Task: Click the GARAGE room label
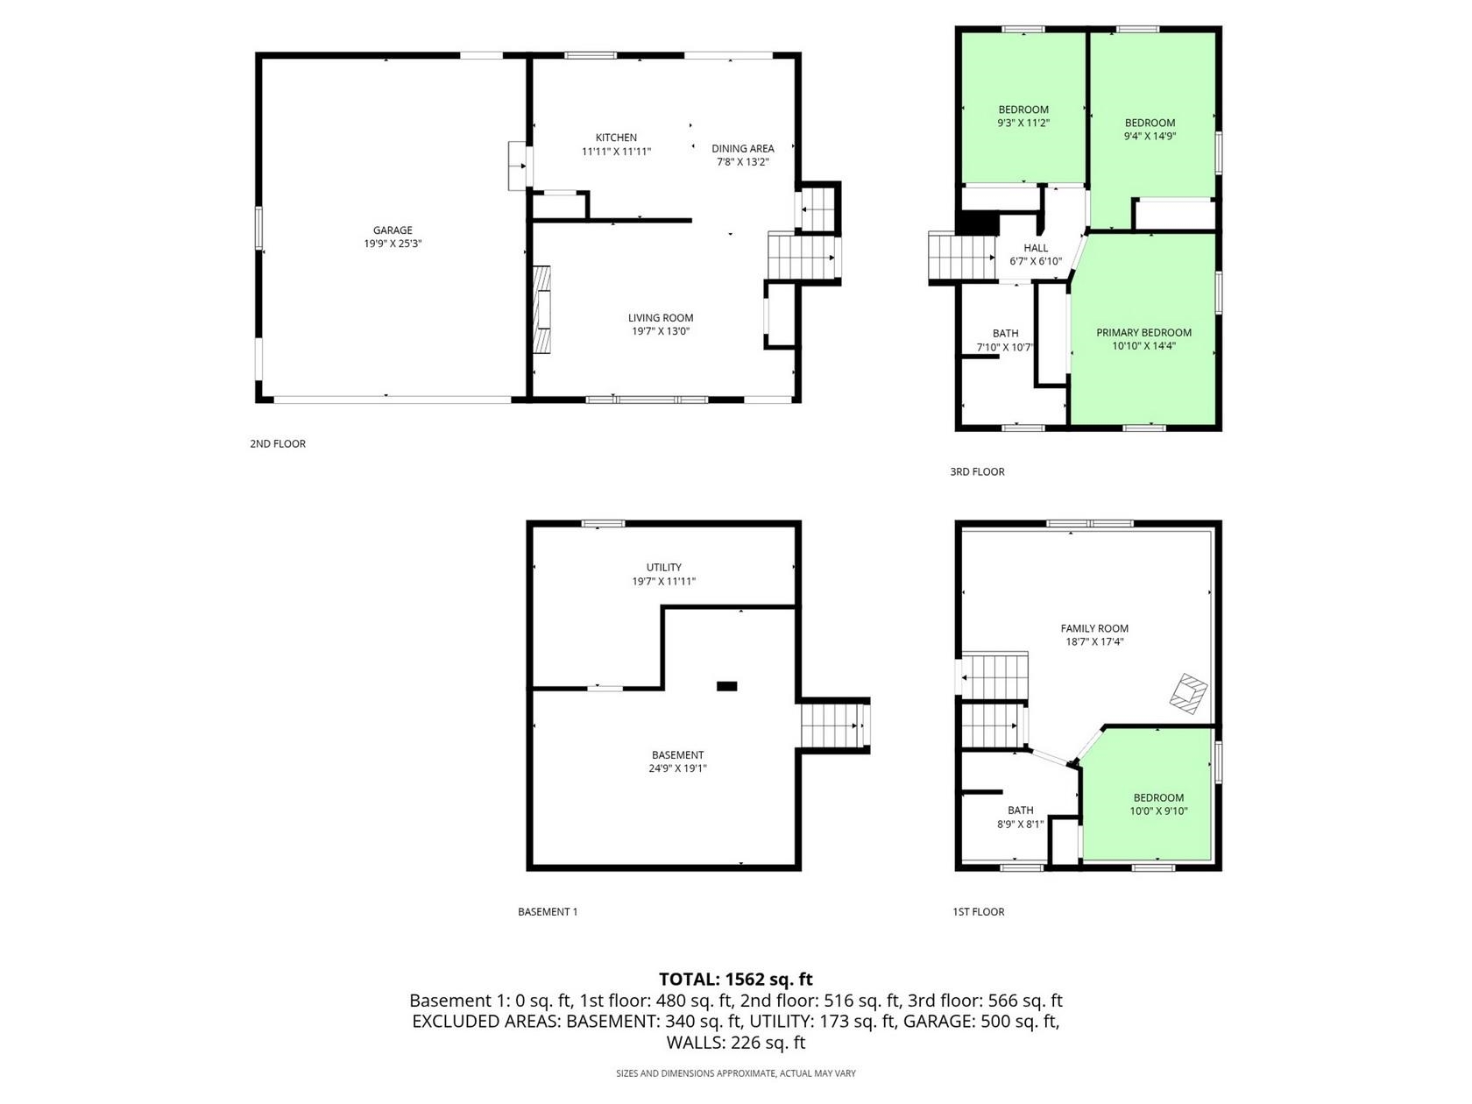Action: point(393,230)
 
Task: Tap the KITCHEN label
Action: point(616,138)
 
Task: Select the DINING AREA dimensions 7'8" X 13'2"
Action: point(742,161)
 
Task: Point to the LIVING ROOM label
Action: point(661,318)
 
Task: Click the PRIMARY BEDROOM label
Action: point(1143,332)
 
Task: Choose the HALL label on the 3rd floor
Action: point(1036,248)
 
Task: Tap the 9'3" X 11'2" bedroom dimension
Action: point(1023,123)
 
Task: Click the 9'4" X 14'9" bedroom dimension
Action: point(1150,136)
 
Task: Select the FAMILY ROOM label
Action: point(1093,628)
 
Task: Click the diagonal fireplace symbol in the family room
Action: point(1188,693)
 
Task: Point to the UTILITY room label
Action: point(663,567)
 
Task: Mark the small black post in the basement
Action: point(726,686)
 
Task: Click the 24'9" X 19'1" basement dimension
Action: point(677,768)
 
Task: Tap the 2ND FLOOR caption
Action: point(278,443)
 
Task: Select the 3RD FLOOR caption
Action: point(977,472)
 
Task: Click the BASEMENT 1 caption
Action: point(548,911)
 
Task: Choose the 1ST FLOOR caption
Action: point(979,911)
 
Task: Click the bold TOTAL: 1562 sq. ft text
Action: point(736,980)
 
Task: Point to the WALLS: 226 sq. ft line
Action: point(736,1043)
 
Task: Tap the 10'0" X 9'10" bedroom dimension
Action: point(1158,810)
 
